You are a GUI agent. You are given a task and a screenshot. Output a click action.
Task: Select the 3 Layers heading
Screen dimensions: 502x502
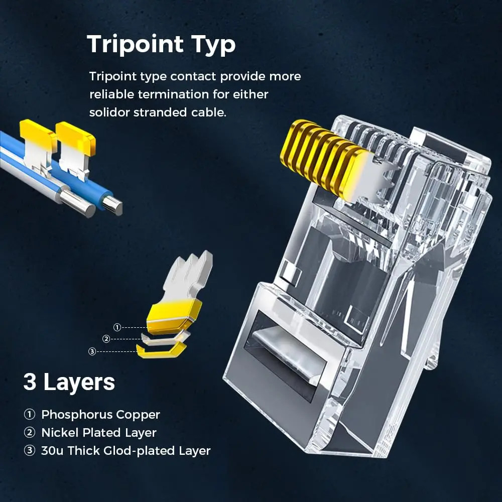69,382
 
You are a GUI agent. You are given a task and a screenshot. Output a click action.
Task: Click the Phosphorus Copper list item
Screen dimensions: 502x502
100,415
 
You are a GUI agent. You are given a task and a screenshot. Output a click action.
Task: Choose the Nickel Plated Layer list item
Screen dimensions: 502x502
99,433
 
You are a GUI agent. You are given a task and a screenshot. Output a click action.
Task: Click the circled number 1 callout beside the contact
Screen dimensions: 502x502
117,327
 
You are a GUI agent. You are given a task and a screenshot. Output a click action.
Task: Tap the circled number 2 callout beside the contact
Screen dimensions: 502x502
106,339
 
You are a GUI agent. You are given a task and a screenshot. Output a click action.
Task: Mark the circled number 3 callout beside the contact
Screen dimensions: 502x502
92,351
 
